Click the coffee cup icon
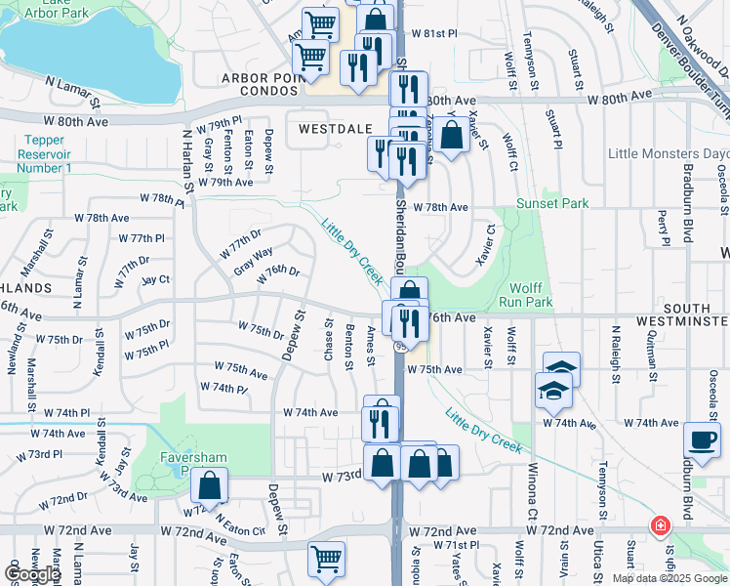(x=703, y=439)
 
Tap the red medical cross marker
(x=661, y=526)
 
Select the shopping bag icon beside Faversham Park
(x=209, y=484)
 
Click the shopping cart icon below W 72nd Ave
(x=326, y=560)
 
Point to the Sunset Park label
(x=553, y=203)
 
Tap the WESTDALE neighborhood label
(x=321, y=128)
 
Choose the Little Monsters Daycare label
(x=668, y=153)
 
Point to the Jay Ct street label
(x=155, y=279)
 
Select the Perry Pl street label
(x=664, y=227)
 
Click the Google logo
(x=32, y=574)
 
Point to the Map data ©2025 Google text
(x=669, y=578)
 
